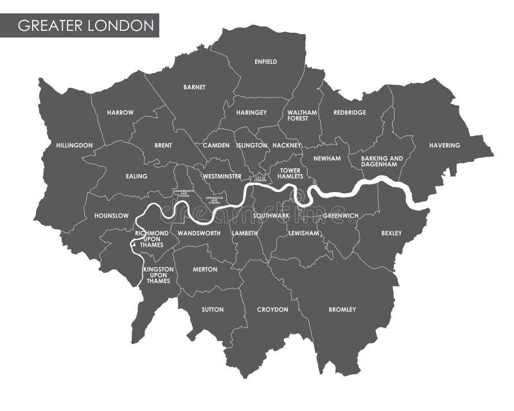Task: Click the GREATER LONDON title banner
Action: [85, 26]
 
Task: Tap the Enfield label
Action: [265, 62]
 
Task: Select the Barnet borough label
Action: [194, 87]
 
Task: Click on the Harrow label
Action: [120, 112]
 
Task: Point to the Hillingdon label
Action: [74, 145]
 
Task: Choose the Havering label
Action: [445, 145]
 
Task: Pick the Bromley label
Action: [342, 310]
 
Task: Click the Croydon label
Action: [272, 310]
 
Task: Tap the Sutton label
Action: [213, 310]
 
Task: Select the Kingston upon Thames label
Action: [158, 275]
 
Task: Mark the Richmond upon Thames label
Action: [152, 239]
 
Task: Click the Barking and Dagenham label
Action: [382, 161]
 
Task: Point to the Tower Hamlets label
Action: [290, 173]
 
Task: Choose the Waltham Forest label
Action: [302, 116]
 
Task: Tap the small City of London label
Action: [260, 179]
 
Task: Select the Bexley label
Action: [391, 233]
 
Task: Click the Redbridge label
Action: [350, 112]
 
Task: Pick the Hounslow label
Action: [111, 216]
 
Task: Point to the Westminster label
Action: [222, 176]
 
